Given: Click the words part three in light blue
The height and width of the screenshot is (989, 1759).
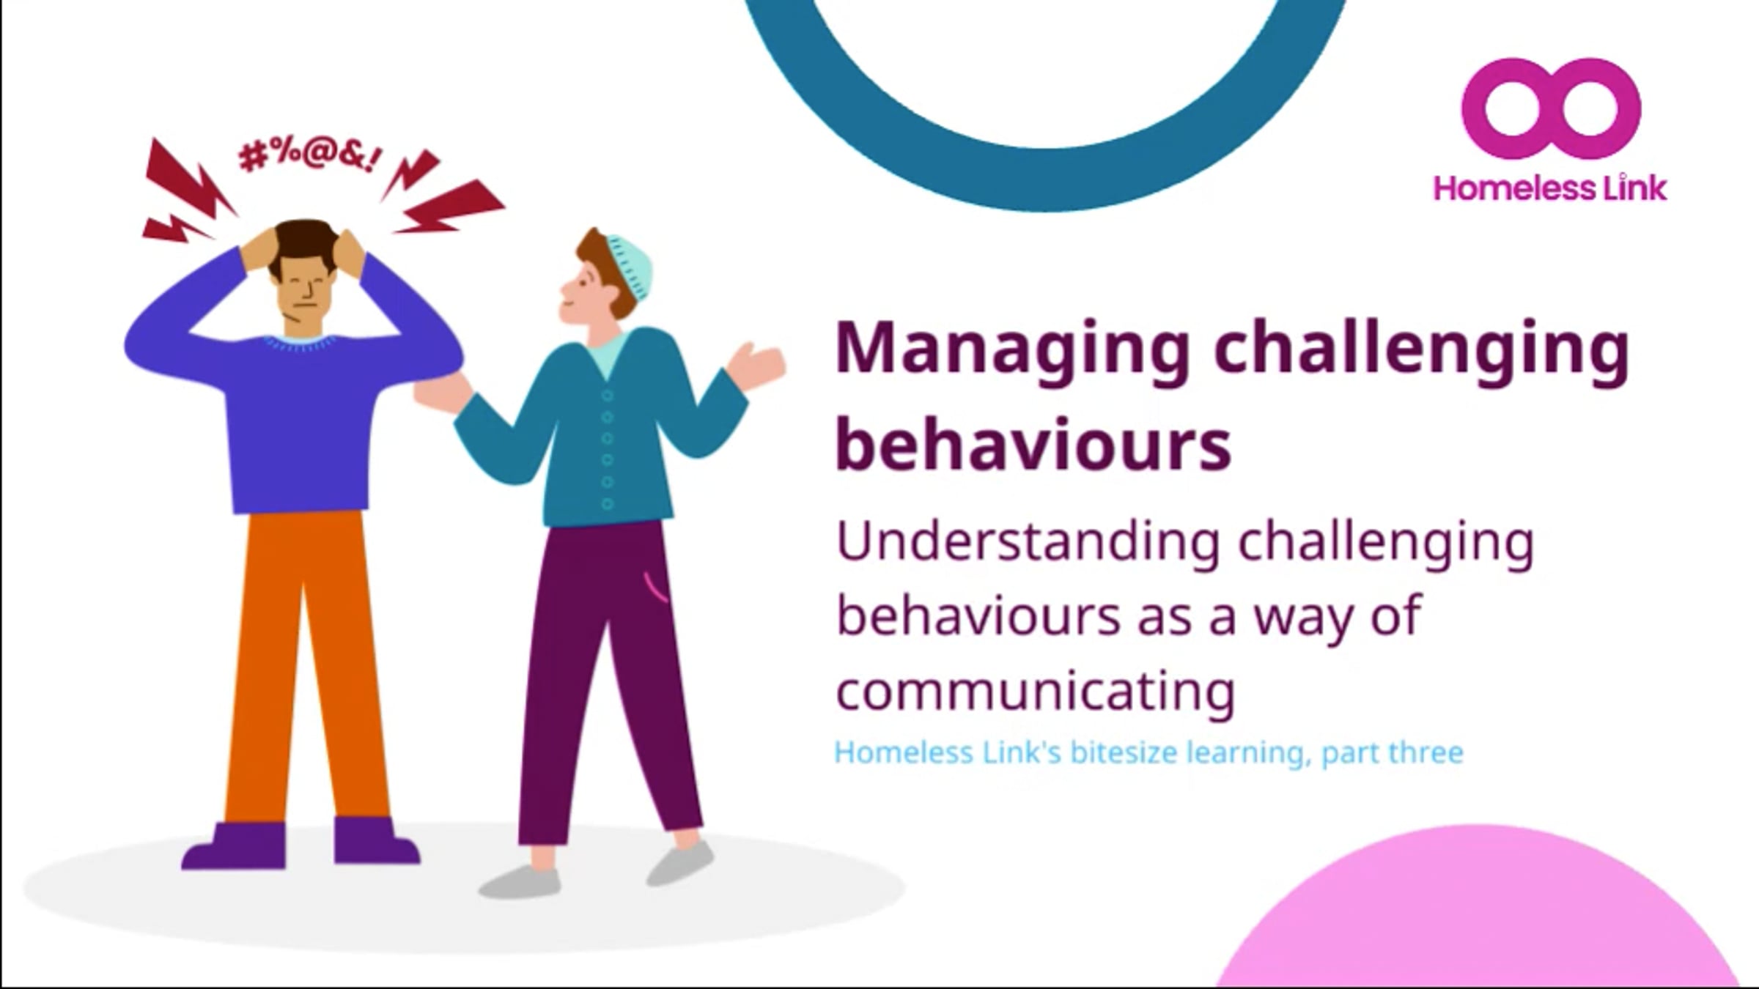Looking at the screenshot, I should [x=1392, y=752].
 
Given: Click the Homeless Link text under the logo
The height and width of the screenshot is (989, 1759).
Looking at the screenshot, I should [x=1550, y=188].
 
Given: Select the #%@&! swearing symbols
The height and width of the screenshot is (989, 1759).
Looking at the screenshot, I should [x=309, y=155].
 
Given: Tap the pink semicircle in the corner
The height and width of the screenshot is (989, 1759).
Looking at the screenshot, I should [x=1473, y=923].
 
